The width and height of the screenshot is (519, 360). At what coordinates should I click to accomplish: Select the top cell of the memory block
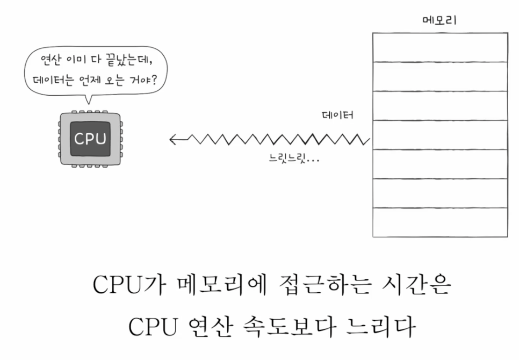click(439, 47)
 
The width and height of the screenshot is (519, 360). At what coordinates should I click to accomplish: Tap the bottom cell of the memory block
click(439, 222)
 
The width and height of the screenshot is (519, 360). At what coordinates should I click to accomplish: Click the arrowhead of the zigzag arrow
click(174, 140)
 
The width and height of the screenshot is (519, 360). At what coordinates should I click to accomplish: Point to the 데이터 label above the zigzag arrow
click(337, 115)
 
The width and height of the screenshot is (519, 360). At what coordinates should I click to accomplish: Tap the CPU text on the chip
click(90, 139)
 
